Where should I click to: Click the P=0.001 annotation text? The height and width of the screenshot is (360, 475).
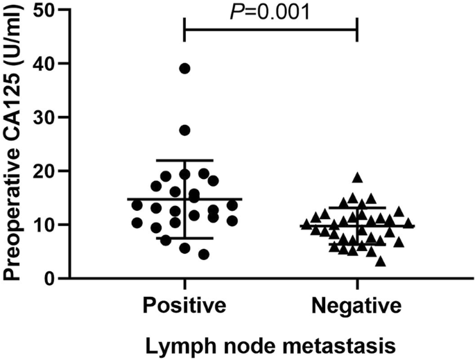[x=270, y=12]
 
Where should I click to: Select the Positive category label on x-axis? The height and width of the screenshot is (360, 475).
[x=184, y=305]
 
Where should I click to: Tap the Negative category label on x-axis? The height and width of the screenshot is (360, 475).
[x=356, y=305]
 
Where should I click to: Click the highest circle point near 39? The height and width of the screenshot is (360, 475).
[x=184, y=68]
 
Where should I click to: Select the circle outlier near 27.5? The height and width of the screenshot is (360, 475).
[x=184, y=130]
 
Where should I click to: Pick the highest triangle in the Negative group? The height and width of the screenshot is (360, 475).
[x=357, y=178]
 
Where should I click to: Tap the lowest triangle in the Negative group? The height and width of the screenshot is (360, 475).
[x=380, y=261]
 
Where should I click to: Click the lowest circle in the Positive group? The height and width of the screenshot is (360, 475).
[x=203, y=255]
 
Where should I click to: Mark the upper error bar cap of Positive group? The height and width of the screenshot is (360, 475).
[x=184, y=160]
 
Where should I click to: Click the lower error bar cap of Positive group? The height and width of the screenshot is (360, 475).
[x=184, y=238]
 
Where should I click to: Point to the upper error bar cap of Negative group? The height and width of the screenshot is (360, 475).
[x=356, y=207]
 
